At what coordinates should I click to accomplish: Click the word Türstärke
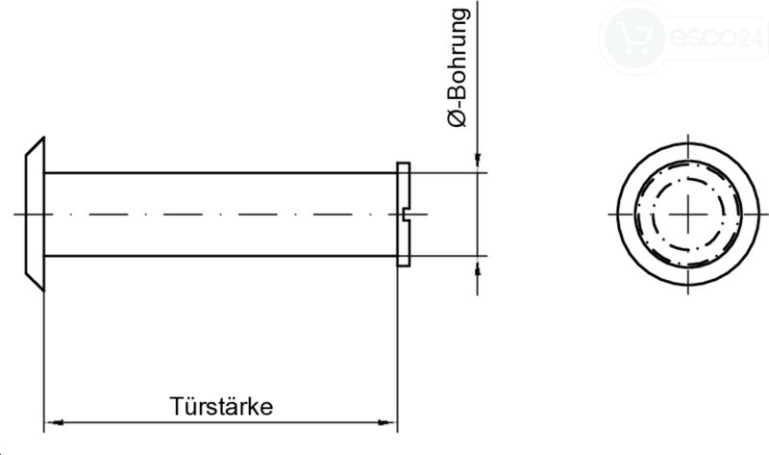[x=221, y=406]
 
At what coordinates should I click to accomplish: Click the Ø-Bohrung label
[x=459, y=67]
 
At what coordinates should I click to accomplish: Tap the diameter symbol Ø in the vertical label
[x=458, y=118]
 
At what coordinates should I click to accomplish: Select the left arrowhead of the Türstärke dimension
[x=58, y=422]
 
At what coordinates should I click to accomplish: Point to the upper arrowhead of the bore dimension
[x=477, y=158]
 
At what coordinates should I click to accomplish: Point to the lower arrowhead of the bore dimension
[x=477, y=269]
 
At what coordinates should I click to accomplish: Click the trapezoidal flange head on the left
[x=36, y=214]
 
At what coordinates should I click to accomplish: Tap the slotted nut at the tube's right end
[x=403, y=214]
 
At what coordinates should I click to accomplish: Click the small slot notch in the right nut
[x=406, y=214]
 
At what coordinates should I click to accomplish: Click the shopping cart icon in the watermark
[x=635, y=38]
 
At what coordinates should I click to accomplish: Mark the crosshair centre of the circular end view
[x=688, y=214]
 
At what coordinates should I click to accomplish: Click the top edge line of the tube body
[x=221, y=173]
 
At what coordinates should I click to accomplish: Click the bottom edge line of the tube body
[x=221, y=256]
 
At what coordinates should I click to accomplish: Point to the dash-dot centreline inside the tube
[x=221, y=214]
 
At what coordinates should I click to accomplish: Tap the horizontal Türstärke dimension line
[x=221, y=422]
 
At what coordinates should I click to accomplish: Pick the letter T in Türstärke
[x=176, y=406]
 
